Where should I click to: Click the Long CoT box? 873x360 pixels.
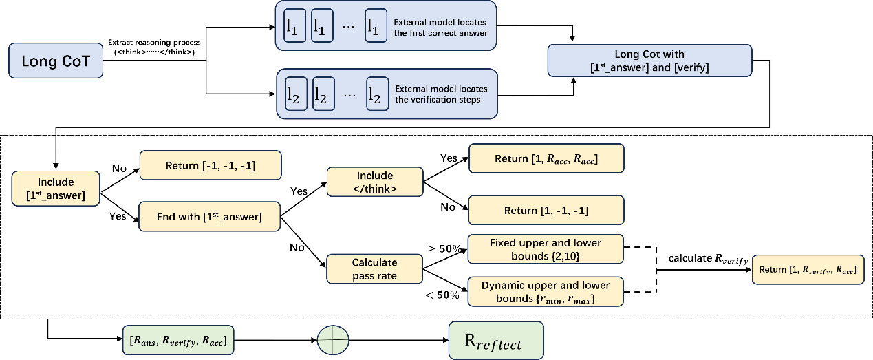[56, 61]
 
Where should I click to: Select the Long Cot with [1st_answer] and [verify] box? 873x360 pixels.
[649, 61]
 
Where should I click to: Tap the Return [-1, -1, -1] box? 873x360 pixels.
[211, 165]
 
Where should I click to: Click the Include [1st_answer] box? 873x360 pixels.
[56, 189]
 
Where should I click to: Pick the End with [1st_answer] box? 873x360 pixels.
[209, 217]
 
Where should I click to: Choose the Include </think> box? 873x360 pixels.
[374, 182]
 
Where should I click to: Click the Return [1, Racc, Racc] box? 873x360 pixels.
[546, 158]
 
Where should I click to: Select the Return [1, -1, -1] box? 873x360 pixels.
[546, 211]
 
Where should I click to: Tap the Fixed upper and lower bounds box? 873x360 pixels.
[546, 249]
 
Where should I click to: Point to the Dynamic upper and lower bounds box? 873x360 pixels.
[546, 292]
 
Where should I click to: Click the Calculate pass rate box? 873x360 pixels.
[374, 268]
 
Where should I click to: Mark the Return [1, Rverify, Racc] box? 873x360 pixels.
[808, 270]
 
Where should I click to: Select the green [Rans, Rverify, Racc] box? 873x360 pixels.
[177, 340]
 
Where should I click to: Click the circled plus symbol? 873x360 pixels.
[333, 340]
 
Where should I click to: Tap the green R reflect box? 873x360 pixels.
[495, 341]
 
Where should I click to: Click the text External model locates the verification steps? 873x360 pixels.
[441, 94]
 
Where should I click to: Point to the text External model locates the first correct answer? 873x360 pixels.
[441, 28]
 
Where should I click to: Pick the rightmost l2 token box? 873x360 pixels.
[375, 94]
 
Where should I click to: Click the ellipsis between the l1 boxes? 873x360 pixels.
[349, 26]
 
